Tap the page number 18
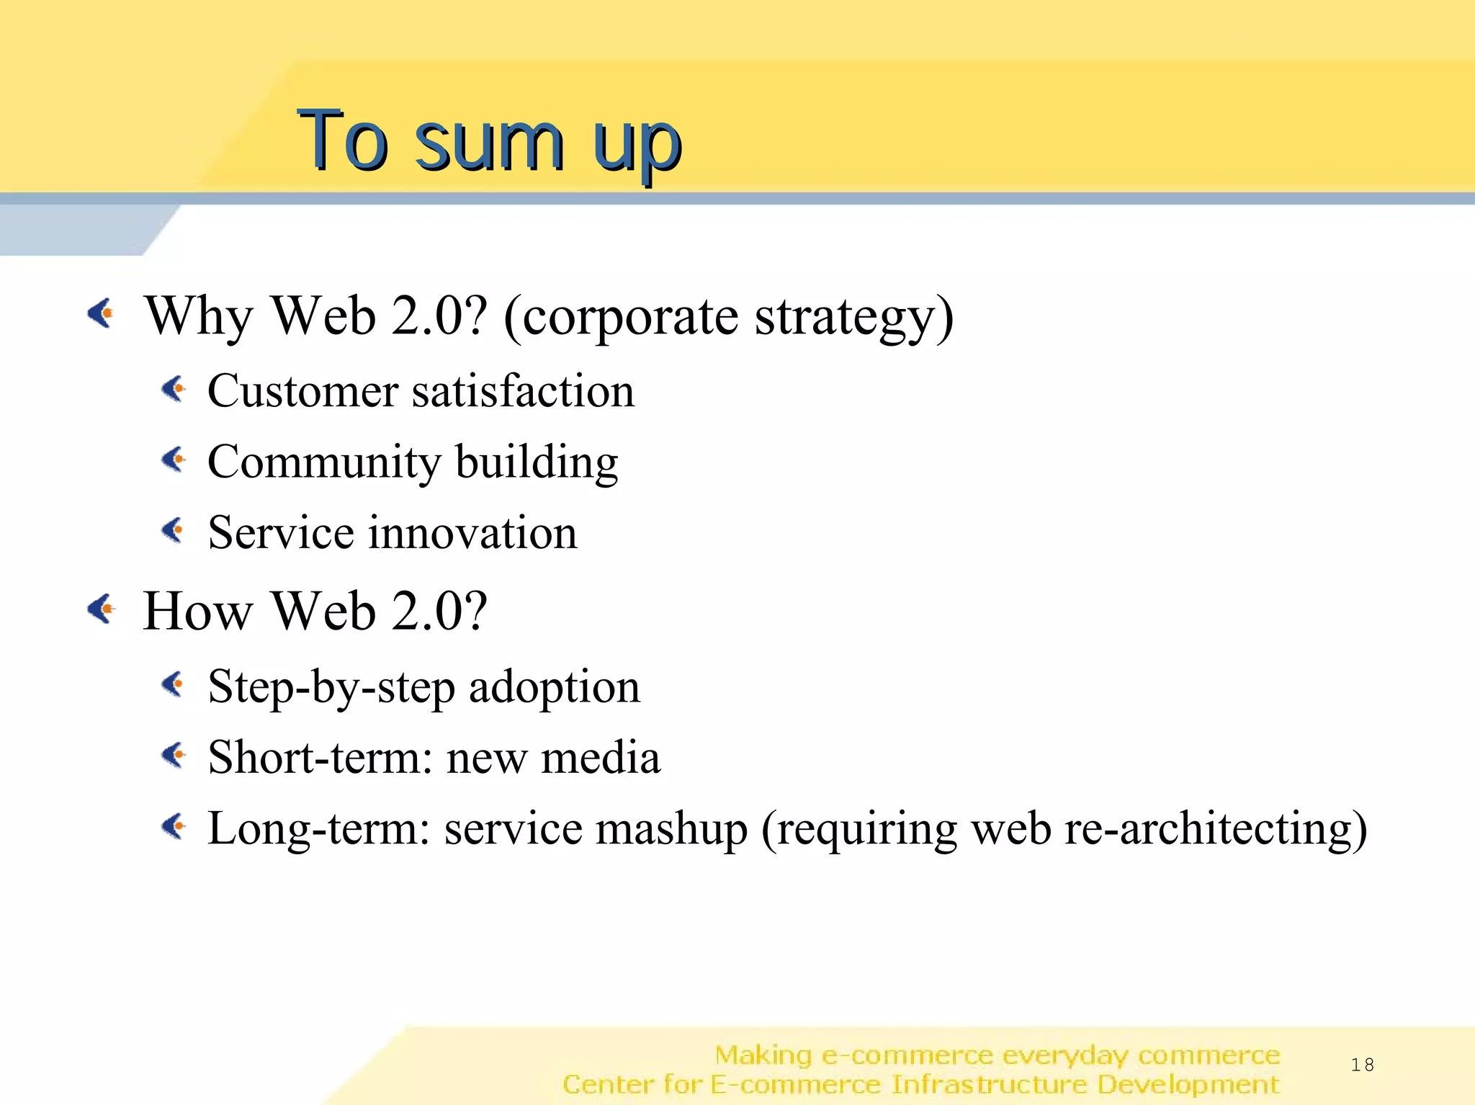coord(1362,1065)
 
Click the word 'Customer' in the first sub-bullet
coord(302,391)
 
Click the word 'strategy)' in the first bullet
coord(853,317)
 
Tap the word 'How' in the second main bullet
coord(197,612)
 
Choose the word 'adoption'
coord(554,686)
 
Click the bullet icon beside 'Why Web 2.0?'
coord(102,313)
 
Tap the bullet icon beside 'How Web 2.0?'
coord(102,609)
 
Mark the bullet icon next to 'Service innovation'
coord(174,531)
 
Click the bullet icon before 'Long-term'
coord(174,826)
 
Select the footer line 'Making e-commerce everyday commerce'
coord(997,1055)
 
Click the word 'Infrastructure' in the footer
coord(989,1084)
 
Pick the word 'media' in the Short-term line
coord(600,758)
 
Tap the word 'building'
coord(537,462)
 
